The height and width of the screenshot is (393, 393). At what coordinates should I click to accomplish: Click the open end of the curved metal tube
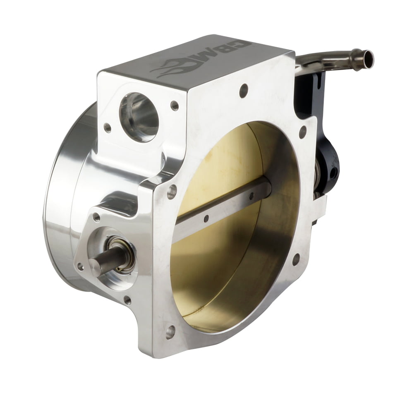[368, 59]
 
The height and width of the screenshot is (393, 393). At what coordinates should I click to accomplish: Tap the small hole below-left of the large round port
[107, 128]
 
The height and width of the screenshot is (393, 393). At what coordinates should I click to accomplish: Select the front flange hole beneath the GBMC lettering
[244, 91]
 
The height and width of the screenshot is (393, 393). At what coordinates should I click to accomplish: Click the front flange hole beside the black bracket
[303, 132]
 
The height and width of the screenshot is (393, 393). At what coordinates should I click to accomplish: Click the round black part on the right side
[329, 165]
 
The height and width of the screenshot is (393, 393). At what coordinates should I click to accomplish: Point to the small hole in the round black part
[333, 174]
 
